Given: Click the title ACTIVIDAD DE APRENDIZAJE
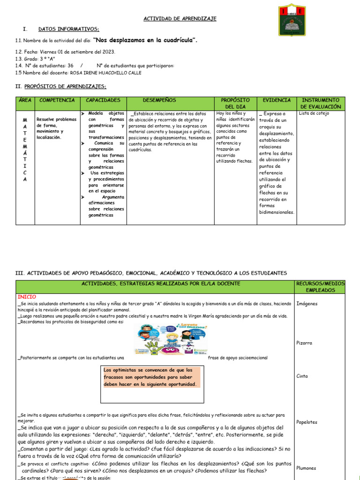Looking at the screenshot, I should (180, 18).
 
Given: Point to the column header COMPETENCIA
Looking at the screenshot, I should (57, 100).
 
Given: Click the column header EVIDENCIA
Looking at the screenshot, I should (277, 100).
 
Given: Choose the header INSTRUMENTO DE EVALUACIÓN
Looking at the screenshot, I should (321, 103).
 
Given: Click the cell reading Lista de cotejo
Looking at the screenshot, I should (314, 113).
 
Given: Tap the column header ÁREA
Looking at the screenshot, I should (25, 100).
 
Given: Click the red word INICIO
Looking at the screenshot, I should (27, 297).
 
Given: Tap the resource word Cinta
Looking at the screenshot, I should (303, 376).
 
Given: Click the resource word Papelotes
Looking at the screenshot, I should (307, 422).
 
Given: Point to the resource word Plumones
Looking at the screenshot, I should (307, 468).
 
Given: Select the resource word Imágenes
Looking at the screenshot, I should (307, 304).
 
